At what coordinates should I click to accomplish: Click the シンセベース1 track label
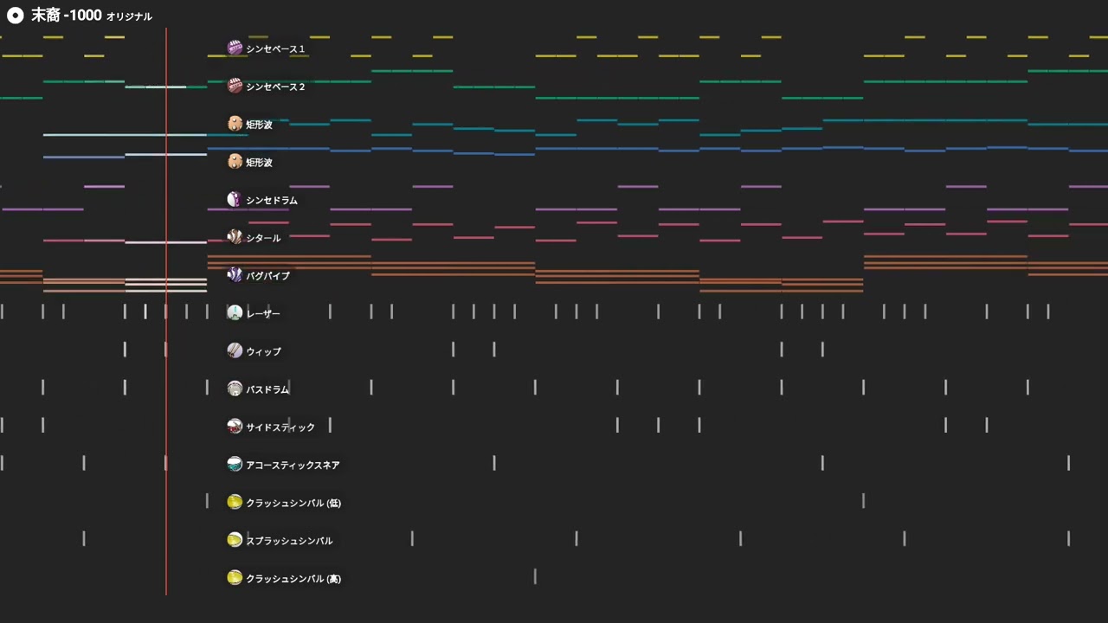coord(275,49)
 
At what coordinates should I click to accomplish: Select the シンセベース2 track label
coord(275,87)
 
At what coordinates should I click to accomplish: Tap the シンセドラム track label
coord(272,200)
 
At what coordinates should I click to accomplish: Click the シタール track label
coord(263,238)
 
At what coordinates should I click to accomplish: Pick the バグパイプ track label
coord(267,276)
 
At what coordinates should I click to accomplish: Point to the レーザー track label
coord(263,314)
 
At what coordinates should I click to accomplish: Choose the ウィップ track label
coord(264,351)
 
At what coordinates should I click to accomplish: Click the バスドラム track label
coord(267,389)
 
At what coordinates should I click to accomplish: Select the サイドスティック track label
coord(280,427)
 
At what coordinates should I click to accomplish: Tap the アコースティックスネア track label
coord(293,466)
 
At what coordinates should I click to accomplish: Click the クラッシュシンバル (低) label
coord(293,503)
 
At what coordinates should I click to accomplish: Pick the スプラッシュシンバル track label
coord(289,541)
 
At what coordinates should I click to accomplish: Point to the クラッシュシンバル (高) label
coord(293,579)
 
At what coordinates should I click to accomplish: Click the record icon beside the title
coord(16,16)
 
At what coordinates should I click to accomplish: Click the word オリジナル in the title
coord(129,16)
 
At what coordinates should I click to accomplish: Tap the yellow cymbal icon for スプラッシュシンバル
coord(235,539)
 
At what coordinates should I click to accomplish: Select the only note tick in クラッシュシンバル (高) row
coord(535,576)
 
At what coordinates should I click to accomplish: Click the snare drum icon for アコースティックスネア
coord(235,464)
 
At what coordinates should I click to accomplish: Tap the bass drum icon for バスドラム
coord(235,389)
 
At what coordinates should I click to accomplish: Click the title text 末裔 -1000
coord(67,16)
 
